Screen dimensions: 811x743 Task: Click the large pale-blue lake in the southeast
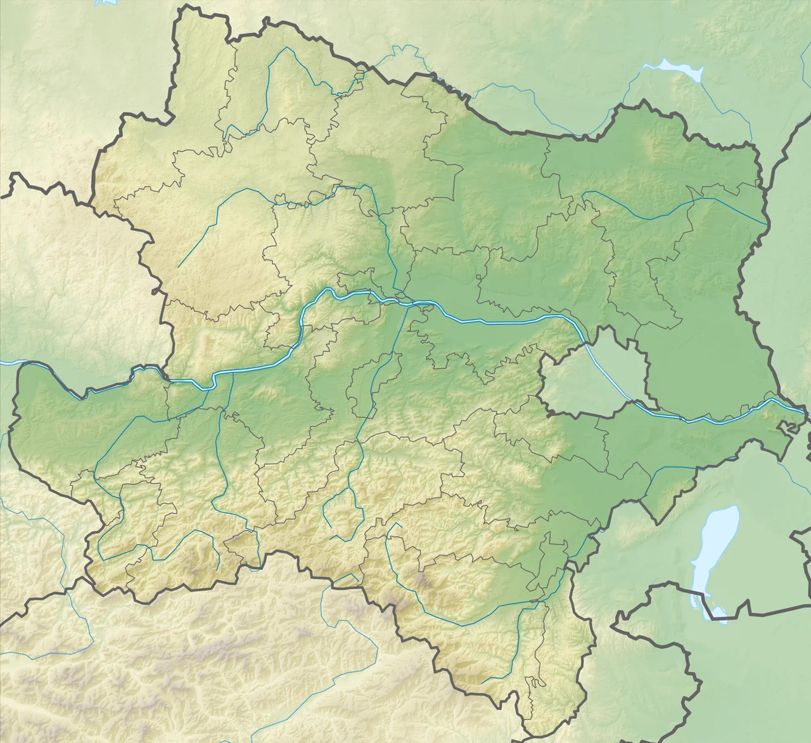(713, 552)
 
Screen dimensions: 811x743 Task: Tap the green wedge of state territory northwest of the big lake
(659, 501)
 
